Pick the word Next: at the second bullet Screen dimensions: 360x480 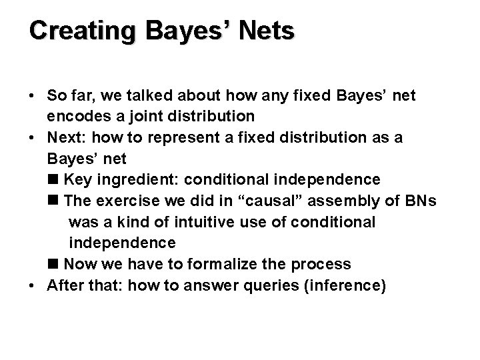[x=67, y=138]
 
